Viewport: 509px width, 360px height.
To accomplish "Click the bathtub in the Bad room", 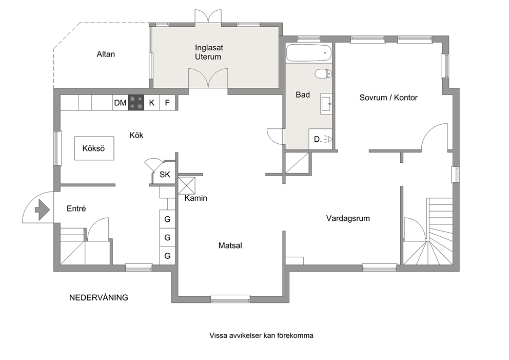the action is [x=309, y=53].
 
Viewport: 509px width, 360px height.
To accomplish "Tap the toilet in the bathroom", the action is [x=323, y=74].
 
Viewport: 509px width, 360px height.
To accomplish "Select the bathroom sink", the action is [x=326, y=104].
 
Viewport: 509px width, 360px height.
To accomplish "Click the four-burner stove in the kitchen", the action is [x=136, y=102].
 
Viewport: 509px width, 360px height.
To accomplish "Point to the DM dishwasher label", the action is [x=120, y=103].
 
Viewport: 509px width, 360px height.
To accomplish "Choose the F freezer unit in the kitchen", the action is [x=167, y=103].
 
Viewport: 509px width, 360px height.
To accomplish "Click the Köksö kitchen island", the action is [x=94, y=148].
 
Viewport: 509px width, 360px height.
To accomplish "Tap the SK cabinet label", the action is [x=165, y=175].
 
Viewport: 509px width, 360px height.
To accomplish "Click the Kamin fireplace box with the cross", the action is [x=187, y=185].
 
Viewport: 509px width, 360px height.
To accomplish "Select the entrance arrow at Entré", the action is [x=42, y=210].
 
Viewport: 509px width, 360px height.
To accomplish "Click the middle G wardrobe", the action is [x=167, y=237].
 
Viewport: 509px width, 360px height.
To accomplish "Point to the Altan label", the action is [x=106, y=54].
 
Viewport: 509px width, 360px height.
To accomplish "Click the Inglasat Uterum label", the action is [x=209, y=52].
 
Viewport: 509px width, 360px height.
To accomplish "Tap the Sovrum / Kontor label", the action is [x=388, y=98].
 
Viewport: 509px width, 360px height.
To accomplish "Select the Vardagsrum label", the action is [x=348, y=218].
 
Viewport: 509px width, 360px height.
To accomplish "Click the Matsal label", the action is [x=230, y=245].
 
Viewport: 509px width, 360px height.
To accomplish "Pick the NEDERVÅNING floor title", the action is [x=99, y=297].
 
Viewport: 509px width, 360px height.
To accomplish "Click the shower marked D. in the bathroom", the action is [x=320, y=139].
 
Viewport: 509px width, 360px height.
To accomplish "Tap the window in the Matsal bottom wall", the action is [x=230, y=298].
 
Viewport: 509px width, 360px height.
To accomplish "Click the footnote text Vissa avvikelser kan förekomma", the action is [x=261, y=335].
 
